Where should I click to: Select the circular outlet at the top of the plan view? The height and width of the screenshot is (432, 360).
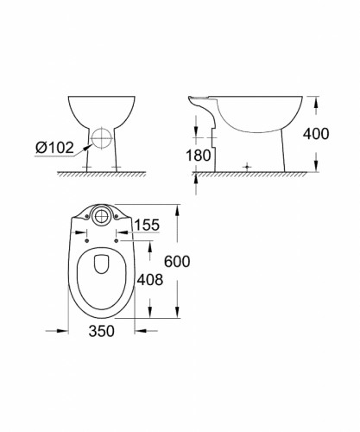click(x=102, y=214)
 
